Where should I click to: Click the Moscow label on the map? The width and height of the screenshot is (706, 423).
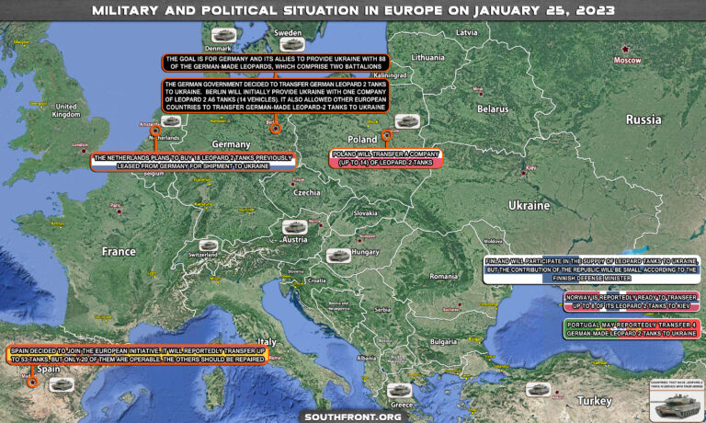pyautogui.click(x=627, y=60)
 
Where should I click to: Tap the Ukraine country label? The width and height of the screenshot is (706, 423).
pyautogui.click(x=529, y=205)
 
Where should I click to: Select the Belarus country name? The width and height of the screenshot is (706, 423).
pyautogui.click(x=493, y=109)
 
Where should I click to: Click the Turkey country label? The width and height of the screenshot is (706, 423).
pyautogui.click(x=597, y=401)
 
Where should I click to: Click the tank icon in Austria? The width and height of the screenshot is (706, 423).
pyautogui.click(x=294, y=226)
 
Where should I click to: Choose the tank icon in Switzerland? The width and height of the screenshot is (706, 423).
pyautogui.click(x=208, y=246)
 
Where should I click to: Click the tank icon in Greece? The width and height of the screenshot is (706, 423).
pyautogui.click(x=400, y=389)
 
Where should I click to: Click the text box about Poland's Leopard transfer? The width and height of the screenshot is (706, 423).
pyautogui.click(x=386, y=158)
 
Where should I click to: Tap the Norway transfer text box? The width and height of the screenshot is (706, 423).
pyautogui.click(x=631, y=302)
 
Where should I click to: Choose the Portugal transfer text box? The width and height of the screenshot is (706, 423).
pyautogui.click(x=631, y=328)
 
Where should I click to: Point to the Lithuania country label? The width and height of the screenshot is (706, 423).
pyautogui.click(x=427, y=57)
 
